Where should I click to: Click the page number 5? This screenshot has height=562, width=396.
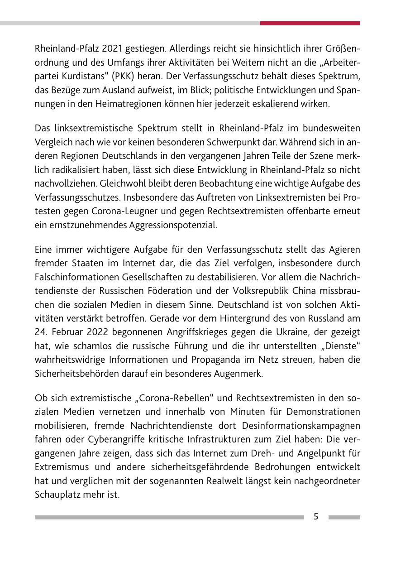[x=316, y=516]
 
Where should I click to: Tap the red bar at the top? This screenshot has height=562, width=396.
[x=310, y=23]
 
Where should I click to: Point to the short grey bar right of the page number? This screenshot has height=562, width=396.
[x=344, y=517]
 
